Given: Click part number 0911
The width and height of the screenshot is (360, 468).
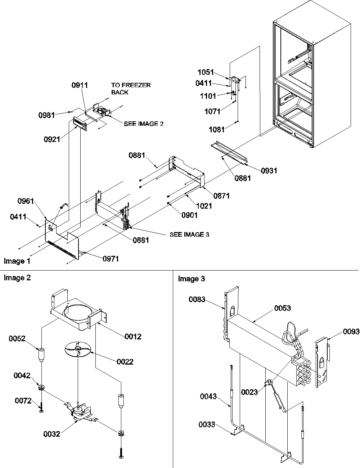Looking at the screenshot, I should pos(80,85).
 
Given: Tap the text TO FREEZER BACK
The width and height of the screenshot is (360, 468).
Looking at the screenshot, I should pos(131,89).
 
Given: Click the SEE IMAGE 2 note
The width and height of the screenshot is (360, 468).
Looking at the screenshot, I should pos(144,124).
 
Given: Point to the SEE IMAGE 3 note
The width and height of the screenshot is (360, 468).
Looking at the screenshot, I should pos(189,235).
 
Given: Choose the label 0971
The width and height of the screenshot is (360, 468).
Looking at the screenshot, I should pos(111,258).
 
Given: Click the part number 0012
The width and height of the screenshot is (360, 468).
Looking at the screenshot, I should pos(133,336).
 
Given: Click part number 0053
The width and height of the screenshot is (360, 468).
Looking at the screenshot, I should pos(282,308).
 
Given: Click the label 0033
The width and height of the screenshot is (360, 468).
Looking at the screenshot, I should pos(207,425).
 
